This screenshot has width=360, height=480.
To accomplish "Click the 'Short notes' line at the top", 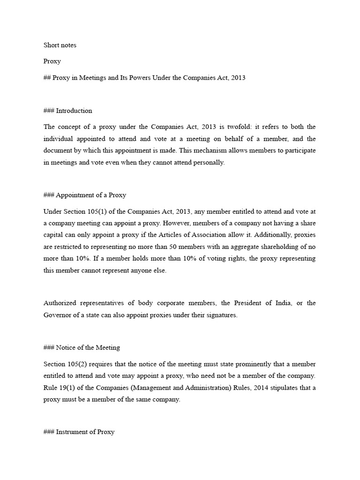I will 60,45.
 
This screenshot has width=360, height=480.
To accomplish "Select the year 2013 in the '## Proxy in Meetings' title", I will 237,78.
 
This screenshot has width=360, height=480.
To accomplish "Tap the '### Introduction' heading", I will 68,111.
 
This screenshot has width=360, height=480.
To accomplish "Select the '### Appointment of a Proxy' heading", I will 85,195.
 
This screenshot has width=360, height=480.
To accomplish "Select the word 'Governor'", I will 58,315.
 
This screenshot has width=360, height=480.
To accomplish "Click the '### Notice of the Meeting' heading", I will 82,348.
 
